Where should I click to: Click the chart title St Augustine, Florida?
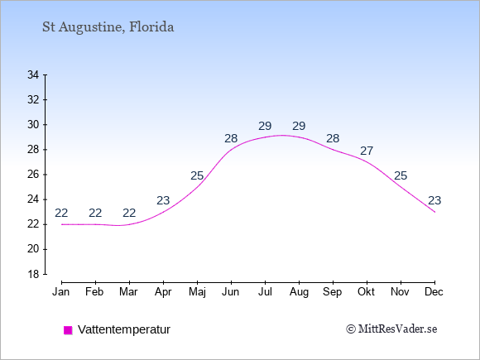[x=108, y=27]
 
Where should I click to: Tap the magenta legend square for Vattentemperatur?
[x=68, y=330]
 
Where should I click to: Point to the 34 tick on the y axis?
[x=45, y=74]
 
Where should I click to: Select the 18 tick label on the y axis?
[x=33, y=274]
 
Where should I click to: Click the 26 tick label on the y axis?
[x=33, y=175]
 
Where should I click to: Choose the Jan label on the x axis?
[x=61, y=292]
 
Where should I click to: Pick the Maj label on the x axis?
[x=197, y=292]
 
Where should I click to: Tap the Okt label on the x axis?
[x=366, y=292]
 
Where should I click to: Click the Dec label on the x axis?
[x=434, y=292]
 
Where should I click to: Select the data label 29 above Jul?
[x=265, y=126]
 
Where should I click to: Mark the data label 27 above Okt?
[x=367, y=151]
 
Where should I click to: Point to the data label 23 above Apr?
[x=163, y=200]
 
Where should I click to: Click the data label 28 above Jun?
[x=231, y=138]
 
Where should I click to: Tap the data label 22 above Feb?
[x=95, y=213]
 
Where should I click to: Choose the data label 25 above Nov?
[x=401, y=175]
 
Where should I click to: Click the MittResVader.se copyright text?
[x=391, y=329]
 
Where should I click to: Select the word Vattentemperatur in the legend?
[x=124, y=329]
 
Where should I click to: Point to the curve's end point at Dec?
[x=434, y=212]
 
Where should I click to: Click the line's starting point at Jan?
[x=62, y=224]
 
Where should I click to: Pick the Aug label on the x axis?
[x=299, y=292]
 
